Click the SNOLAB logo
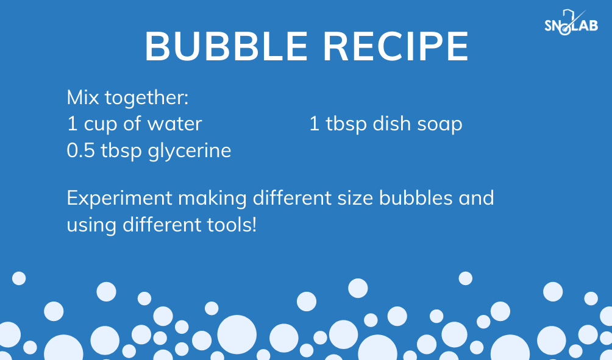point(571,23)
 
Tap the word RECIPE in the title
point(396,46)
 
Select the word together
point(146,97)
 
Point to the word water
point(174,124)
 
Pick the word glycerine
point(190,151)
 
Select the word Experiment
point(119,199)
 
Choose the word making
point(212,199)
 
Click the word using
point(91,226)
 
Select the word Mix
point(83,97)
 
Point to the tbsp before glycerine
point(121,151)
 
